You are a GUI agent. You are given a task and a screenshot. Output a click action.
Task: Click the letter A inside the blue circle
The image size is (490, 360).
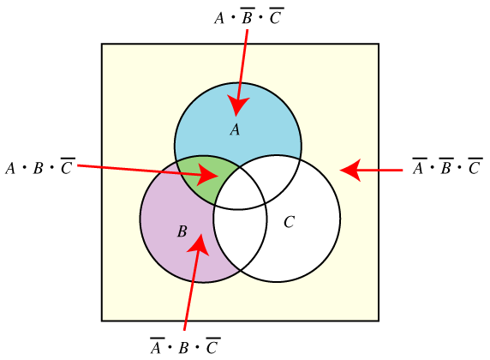point(235,129)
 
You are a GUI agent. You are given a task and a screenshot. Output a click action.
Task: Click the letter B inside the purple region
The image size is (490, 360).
point(182,231)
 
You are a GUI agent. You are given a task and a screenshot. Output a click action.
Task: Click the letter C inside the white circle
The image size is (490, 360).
point(289,222)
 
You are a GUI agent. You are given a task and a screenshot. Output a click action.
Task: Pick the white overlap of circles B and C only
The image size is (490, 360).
point(240,236)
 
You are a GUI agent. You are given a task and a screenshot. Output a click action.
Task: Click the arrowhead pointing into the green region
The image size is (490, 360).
point(208,175)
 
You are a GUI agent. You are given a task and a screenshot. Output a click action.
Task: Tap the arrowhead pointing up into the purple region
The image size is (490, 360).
point(199,244)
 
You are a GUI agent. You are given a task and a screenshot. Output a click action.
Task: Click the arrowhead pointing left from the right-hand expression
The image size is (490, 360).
point(350,171)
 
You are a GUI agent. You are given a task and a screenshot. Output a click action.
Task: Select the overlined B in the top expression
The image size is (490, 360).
point(248,15)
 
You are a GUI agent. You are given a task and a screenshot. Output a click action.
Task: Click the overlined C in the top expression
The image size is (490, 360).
point(276,15)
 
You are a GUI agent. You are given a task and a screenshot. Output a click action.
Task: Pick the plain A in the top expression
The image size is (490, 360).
point(219,18)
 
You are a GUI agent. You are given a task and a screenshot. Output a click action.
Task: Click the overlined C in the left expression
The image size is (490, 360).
point(67,165)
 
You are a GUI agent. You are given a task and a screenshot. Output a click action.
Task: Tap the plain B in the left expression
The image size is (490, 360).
point(38,168)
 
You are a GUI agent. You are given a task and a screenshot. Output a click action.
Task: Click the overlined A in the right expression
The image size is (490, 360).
point(419,165)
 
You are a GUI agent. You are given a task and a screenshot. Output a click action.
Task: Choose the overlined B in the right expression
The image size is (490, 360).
point(446,165)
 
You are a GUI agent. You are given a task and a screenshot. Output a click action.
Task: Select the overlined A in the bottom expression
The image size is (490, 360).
point(157,345)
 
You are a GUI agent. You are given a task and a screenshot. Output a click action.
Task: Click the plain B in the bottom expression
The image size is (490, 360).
point(183,348)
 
